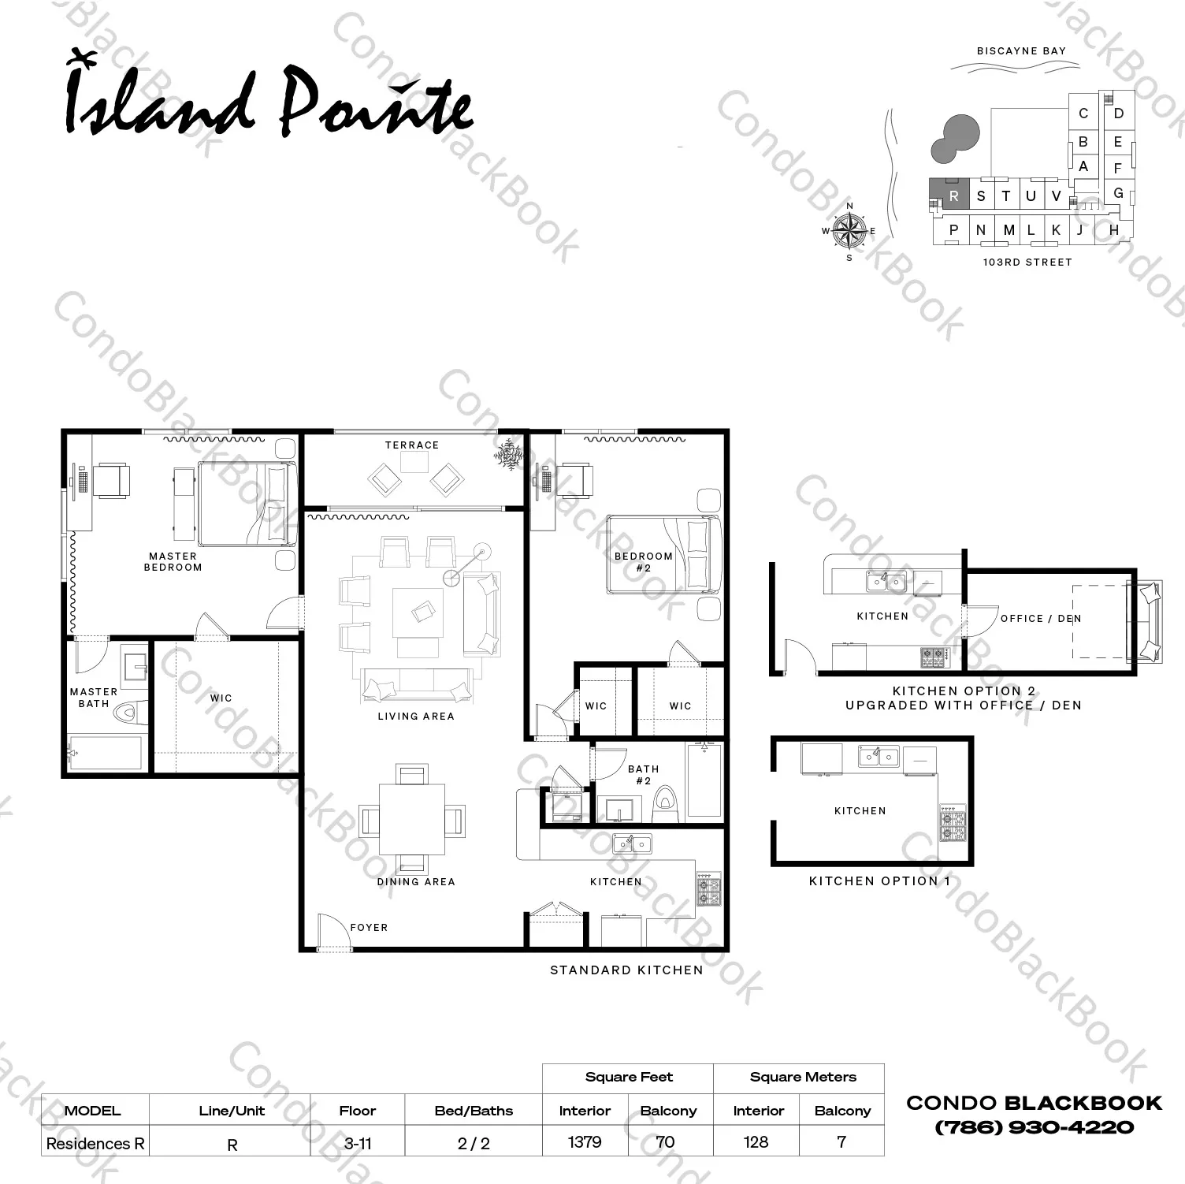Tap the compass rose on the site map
pos(849,230)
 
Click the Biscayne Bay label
pos(1021,51)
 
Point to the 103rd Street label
pos(1027,262)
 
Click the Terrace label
pos(412,445)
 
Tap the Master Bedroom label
pos(173,561)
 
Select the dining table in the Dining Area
pos(412,820)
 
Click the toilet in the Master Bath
pos(130,713)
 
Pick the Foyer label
pos(369,928)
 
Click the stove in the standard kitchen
pos(708,888)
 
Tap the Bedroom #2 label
pos(644,561)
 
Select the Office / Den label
pos(1041,619)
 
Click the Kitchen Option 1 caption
pos(879,881)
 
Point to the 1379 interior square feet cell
pos(585,1142)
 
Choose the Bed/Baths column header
pos(474,1111)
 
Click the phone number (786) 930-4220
pos(1034,1127)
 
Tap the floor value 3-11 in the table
pos(358,1143)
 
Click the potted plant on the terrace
pos(509,455)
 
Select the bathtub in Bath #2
pos(704,780)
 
